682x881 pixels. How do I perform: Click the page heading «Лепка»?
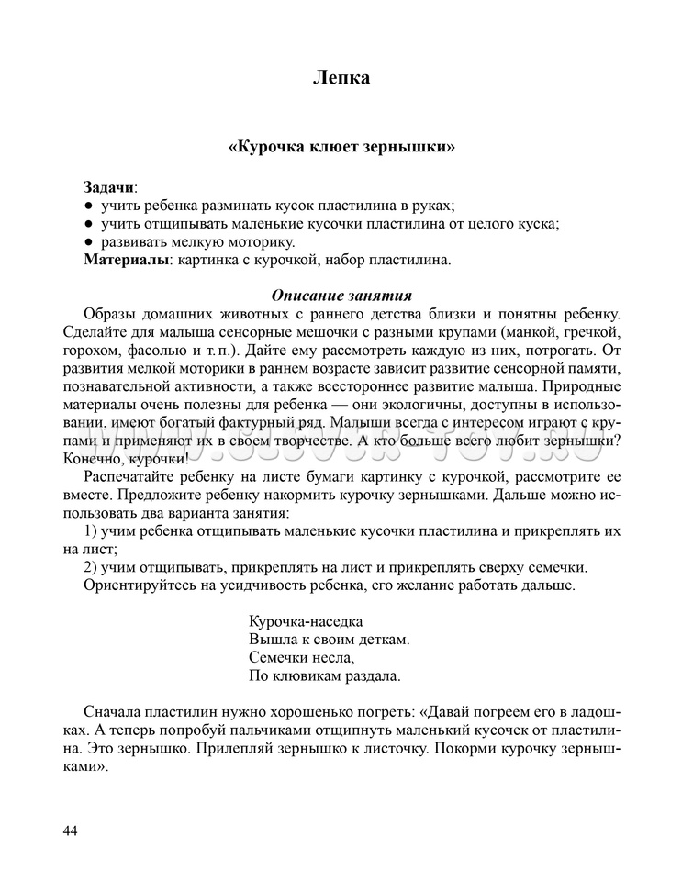[341, 78]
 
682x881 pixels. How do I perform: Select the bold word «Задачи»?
[109, 186]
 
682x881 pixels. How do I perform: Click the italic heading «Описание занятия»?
[341, 296]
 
